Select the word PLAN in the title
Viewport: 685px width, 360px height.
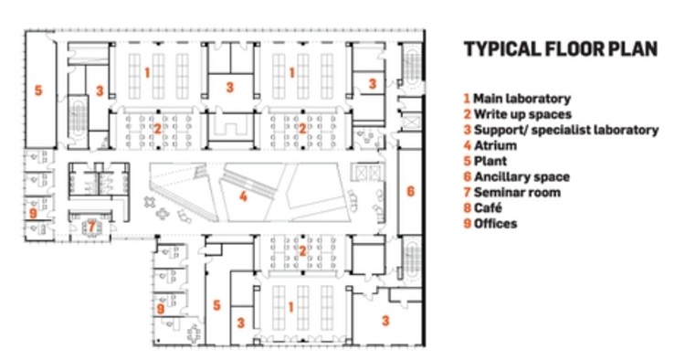(633, 49)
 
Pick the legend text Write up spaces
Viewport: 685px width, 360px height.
(522, 114)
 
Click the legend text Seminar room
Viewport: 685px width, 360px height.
(516, 192)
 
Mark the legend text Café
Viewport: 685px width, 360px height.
(488, 208)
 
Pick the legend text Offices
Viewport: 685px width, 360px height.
(495, 224)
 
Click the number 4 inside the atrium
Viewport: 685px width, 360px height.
(243, 195)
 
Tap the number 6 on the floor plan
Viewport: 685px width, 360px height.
(411, 191)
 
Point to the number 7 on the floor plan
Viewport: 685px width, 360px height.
(90, 225)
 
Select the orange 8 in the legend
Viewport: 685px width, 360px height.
(467, 208)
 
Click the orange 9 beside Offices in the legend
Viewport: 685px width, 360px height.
(467, 224)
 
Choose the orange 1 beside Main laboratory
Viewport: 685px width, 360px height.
(467, 98)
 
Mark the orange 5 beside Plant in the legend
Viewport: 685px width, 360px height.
(467, 161)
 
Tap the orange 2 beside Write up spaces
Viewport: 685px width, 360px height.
(467, 114)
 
